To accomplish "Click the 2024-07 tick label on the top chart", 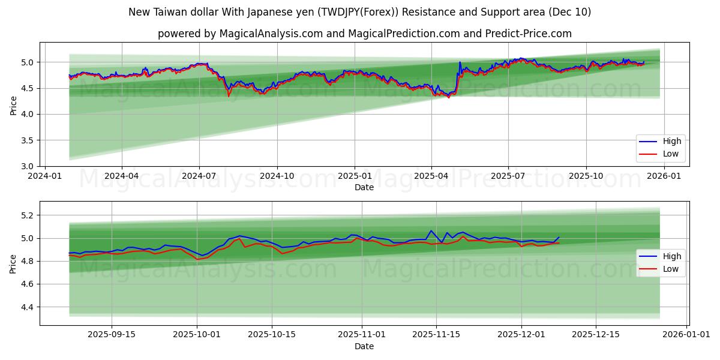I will coord(199,176).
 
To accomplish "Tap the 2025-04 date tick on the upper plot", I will coord(431,176).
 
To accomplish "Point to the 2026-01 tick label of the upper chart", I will coord(664,176).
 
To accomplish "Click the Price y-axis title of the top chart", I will coord(13,104).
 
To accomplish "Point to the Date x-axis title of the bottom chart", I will coord(364,346).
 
